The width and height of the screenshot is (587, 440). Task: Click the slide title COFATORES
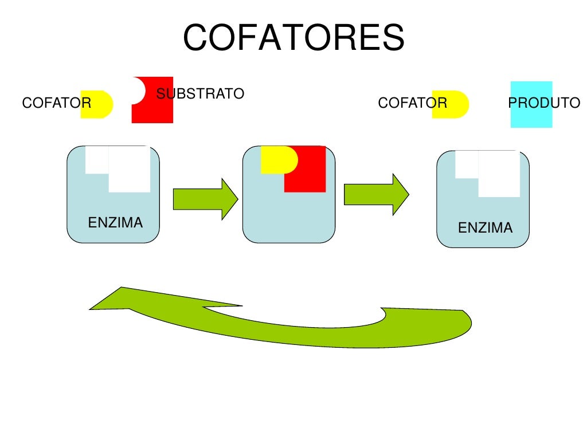point(293,38)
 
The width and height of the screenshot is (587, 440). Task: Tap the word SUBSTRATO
point(200,93)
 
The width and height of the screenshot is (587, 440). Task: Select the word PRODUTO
point(544,103)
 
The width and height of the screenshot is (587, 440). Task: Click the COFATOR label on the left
point(56,103)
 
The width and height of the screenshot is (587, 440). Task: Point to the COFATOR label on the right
point(412,103)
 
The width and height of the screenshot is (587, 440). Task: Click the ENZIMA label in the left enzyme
point(115,222)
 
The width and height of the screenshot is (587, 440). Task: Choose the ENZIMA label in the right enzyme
point(485,228)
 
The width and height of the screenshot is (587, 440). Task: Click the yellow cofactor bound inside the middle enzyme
point(276,160)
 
